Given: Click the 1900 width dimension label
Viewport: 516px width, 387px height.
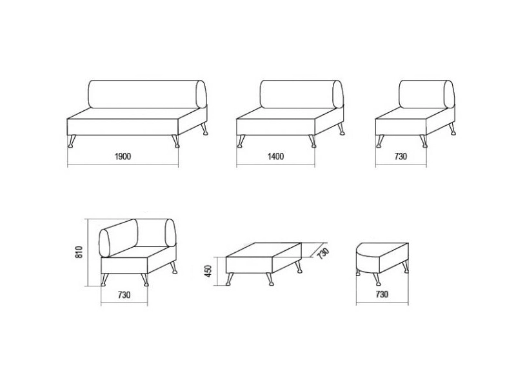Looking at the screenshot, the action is click(x=123, y=156).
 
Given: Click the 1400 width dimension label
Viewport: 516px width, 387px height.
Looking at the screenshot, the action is click(x=275, y=156).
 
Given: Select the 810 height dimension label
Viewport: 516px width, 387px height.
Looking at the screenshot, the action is click(x=79, y=252).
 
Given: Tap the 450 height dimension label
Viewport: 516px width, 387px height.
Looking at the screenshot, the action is click(x=208, y=271).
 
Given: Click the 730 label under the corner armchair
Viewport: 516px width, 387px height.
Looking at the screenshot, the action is click(x=124, y=295).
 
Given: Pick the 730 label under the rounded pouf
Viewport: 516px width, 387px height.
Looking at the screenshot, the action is click(x=382, y=294).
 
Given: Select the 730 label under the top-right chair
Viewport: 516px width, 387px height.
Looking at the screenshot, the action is click(x=401, y=156).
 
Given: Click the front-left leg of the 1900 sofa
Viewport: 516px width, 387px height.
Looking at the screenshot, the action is click(x=72, y=141).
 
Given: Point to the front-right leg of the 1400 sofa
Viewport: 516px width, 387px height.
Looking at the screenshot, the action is click(x=312, y=141).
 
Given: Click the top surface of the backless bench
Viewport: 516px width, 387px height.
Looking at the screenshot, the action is click(x=264, y=250).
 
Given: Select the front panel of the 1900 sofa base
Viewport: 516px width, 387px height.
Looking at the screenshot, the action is click(x=123, y=127).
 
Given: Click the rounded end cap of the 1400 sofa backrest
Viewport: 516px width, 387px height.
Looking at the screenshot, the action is click(x=337, y=94).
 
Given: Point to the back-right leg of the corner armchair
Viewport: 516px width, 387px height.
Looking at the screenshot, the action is click(x=173, y=268).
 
